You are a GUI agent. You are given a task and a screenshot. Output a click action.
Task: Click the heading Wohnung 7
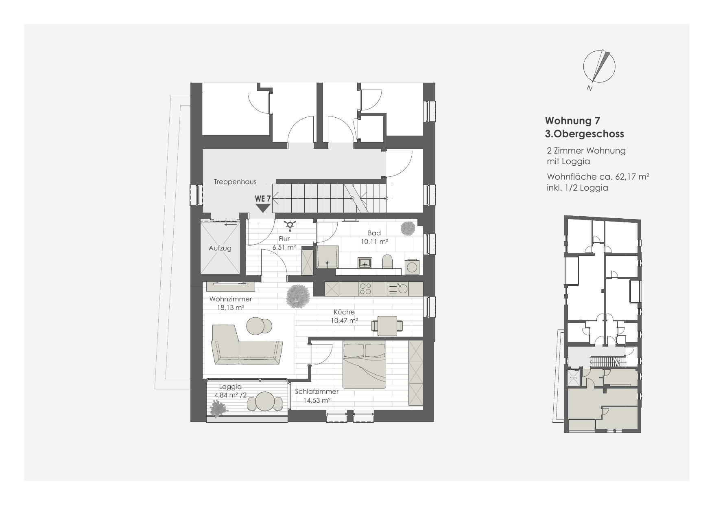point(572,121)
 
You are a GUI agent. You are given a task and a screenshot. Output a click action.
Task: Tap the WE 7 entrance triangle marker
point(263,208)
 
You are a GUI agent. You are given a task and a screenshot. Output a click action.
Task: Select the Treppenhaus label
point(235,182)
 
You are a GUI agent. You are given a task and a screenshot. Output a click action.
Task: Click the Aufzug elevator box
point(220,248)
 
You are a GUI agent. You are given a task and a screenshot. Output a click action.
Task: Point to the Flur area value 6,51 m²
point(284,247)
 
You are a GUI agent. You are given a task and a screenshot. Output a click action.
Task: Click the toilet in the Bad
point(388,261)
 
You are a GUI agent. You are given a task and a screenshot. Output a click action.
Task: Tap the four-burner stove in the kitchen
point(365,289)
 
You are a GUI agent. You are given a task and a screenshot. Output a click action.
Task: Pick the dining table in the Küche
point(387,326)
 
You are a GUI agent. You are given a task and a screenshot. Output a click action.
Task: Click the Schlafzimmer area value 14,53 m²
point(317,400)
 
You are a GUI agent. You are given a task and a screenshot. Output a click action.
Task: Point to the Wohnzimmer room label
point(231,299)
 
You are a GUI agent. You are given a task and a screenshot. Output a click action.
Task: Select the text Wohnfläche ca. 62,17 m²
point(598,177)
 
